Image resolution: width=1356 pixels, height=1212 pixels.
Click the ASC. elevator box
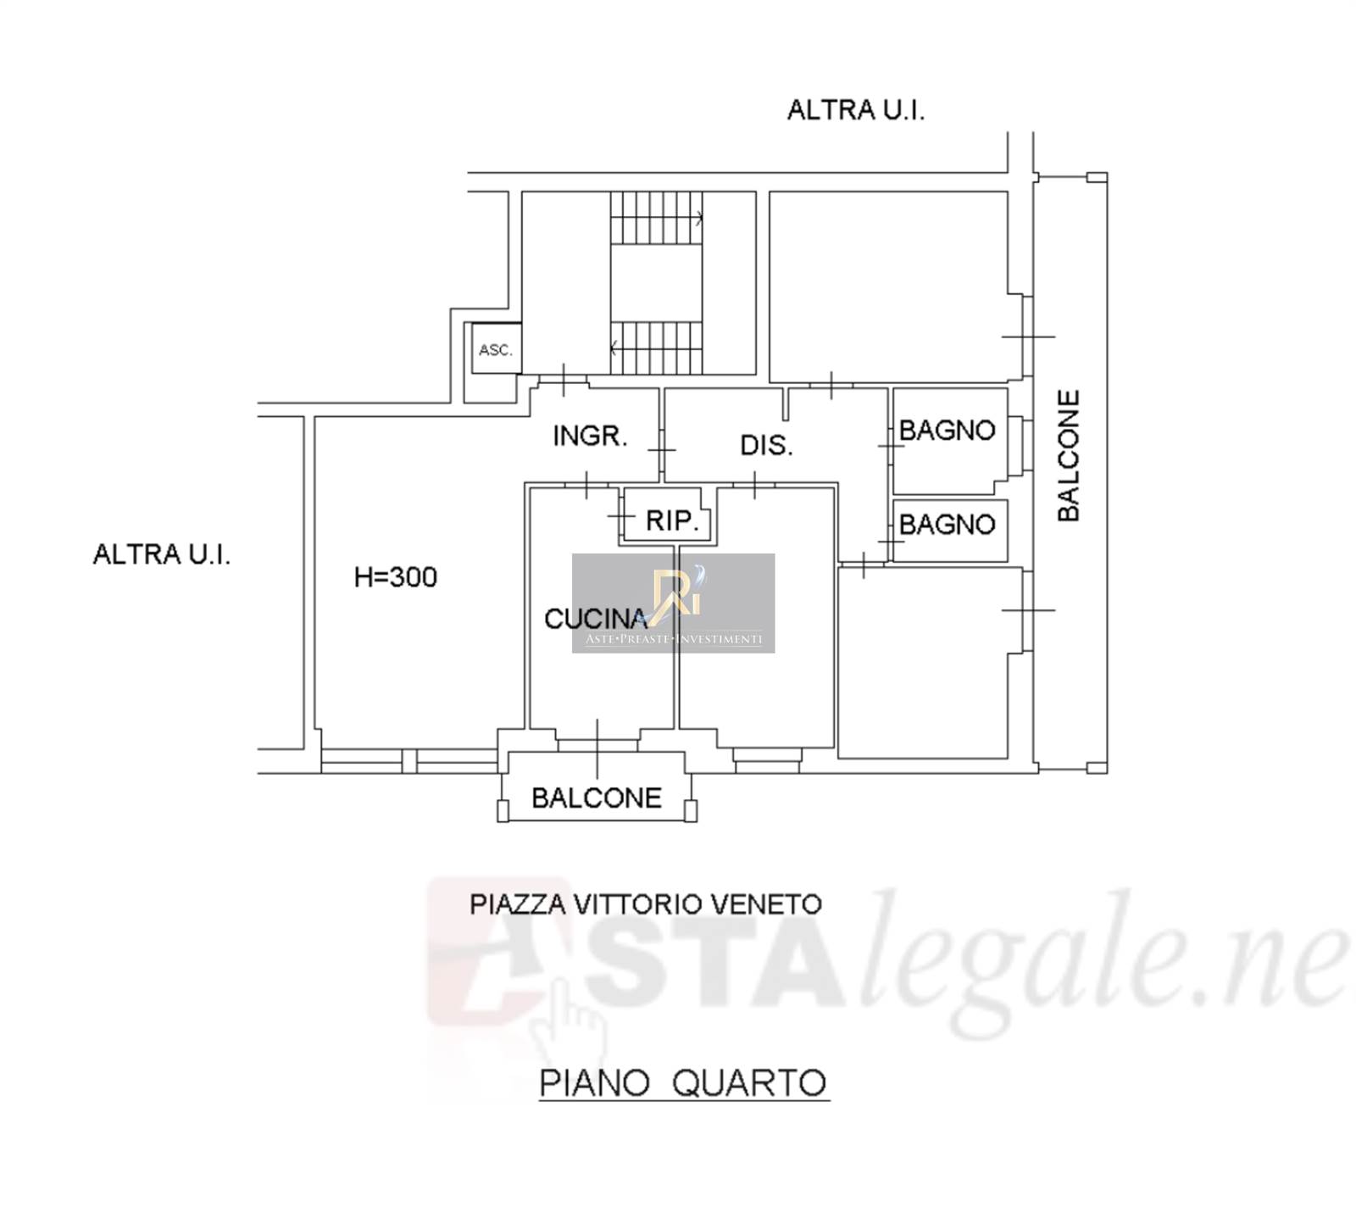(x=497, y=348)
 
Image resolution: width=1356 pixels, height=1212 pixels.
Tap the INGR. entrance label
(x=590, y=436)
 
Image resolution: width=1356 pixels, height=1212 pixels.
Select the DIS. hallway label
(x=766, y=445)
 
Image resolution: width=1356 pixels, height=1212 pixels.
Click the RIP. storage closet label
(x=672, y=520)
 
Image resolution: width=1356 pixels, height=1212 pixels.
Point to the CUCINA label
(x=596, y=619)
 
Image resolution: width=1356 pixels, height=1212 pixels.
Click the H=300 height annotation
(x=395, y=577)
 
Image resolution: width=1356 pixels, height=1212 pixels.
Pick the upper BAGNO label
(x=947, y=431)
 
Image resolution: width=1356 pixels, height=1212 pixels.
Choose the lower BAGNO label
(x=947, y=525)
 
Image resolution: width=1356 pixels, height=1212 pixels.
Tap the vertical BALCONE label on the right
(x=1069, y=455)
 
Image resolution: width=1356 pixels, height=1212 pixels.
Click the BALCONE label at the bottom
(x=597, y=798)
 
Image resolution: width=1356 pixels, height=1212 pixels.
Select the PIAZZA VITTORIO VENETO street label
(x=646, y=904)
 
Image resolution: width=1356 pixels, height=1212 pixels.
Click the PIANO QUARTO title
(x=683, y=1083)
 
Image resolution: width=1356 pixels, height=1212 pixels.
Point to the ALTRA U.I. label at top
(x=856, y=110)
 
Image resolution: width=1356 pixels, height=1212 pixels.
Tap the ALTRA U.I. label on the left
(x=161, y=554)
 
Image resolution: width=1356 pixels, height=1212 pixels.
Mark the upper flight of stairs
(x=657, y=218)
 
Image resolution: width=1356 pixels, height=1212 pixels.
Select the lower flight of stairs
(x=657, y=347)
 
